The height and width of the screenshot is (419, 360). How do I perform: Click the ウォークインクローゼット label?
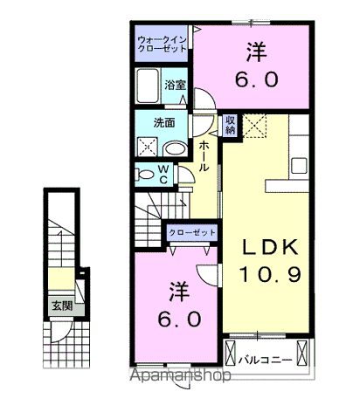(x=162, y=44)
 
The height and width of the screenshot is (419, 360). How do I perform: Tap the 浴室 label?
(x=176, y=85)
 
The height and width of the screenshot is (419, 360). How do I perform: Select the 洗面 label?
(x=164, y=123)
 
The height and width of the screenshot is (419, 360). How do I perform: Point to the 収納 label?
(x=231, y=125)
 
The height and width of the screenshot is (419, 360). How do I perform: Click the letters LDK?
(x=271, y=246)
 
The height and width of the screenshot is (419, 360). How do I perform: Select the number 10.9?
(x=271, y=275)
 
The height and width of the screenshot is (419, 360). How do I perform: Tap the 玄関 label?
(x=61, y=306)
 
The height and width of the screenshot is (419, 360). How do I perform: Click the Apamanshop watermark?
(x=181, y=376)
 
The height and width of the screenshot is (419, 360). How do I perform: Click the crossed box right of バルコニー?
(x=302, y=354)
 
